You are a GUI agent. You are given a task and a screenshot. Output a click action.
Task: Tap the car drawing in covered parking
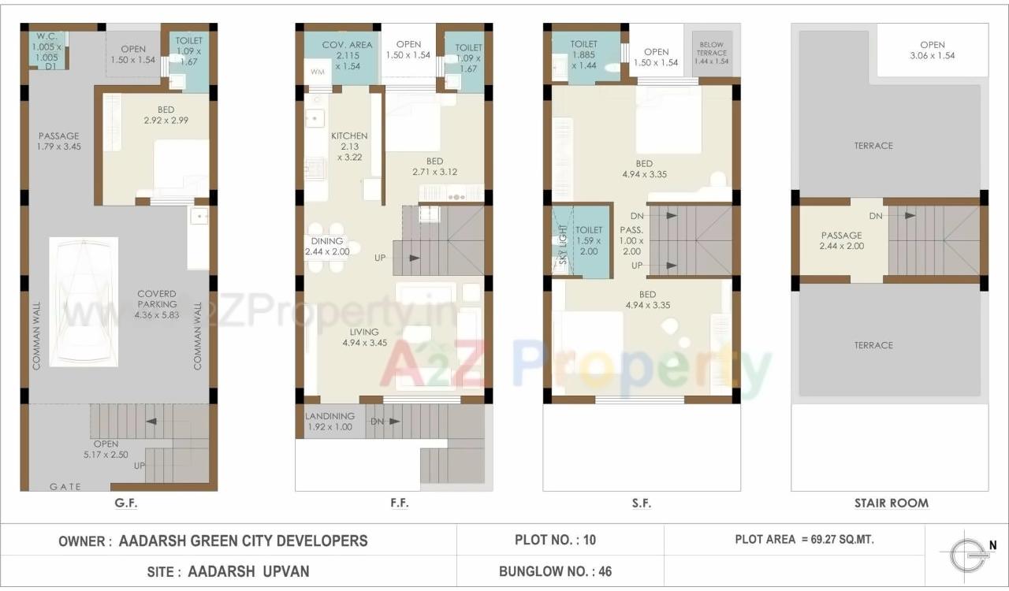[84, 302]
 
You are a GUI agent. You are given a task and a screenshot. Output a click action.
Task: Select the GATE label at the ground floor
[65, 486]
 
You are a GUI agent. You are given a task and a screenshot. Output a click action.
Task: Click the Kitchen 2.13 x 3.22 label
[349, 147]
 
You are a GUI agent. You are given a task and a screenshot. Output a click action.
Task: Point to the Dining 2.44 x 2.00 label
[326, 247]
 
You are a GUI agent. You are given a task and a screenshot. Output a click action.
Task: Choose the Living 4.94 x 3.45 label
[364, 337]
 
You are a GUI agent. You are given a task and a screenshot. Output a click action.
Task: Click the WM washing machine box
[318, 72]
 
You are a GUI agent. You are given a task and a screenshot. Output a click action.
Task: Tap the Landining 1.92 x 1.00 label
[330, 422]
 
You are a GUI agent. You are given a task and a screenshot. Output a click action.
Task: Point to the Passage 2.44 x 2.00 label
[841, 240]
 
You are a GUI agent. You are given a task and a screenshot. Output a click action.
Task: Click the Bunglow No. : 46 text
[555, 571]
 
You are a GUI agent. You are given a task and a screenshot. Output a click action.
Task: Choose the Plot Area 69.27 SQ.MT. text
[804, 540]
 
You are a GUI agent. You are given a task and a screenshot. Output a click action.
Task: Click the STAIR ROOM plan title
[891, 503]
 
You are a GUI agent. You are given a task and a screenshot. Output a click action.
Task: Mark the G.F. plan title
[126, 503]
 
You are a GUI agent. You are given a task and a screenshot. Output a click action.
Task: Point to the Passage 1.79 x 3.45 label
[59, 141]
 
